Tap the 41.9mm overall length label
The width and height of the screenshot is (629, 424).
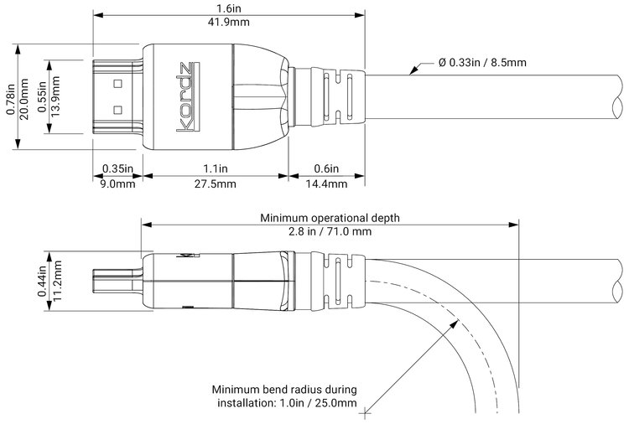229,23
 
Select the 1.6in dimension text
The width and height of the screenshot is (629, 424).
229,8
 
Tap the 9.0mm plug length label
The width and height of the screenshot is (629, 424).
117,184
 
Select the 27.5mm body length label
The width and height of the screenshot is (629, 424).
216,184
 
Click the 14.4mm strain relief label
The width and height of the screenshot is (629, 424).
326,184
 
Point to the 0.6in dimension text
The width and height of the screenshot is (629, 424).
326,168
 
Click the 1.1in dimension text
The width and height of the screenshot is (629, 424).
216,168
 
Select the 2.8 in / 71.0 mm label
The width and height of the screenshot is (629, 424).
330,232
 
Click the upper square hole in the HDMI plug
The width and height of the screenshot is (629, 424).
117,83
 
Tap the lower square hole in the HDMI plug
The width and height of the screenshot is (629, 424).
117,109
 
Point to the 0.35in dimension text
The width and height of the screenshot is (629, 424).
117,168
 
